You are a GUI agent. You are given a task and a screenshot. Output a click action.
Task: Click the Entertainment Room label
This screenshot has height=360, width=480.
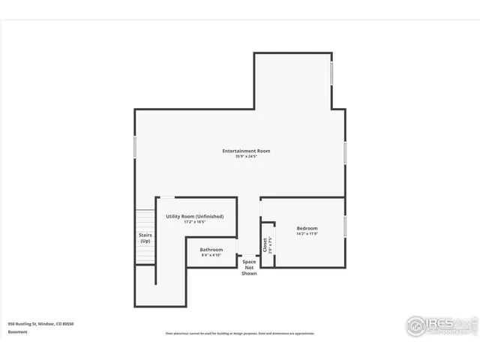(x=246, y=151)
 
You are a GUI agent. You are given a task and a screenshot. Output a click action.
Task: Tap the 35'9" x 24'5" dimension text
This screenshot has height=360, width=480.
(x=246, y=157)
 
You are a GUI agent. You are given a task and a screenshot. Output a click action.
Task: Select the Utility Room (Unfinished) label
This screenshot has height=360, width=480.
(x=195, y=216)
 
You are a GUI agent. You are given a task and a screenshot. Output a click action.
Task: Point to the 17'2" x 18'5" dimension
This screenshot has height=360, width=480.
(x=195, y=222)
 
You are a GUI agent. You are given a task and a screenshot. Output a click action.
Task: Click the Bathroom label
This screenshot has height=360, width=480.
(x=211, y=249)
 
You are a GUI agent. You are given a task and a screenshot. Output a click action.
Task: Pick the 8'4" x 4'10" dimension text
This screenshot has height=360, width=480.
(x=211, y=255)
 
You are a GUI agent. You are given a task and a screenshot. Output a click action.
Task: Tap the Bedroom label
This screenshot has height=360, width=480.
(x=307, y=228)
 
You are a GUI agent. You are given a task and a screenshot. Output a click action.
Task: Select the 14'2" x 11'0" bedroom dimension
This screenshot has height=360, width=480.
(x=307, y=234)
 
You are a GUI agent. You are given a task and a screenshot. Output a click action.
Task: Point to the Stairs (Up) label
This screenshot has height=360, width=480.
(x=145, y=238)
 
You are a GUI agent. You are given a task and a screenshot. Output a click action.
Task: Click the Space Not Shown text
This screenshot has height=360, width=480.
(x=249, y=268)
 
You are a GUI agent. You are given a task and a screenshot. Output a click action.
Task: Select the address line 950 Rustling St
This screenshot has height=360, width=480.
(x=40, y=324)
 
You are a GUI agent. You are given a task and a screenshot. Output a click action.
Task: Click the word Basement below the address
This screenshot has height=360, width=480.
(x=18, y=331)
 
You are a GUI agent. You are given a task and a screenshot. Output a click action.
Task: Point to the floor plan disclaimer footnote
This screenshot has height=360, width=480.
(x=240, y=334)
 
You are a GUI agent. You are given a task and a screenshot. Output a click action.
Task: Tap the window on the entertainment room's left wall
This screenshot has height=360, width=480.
(x=135, y=145)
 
